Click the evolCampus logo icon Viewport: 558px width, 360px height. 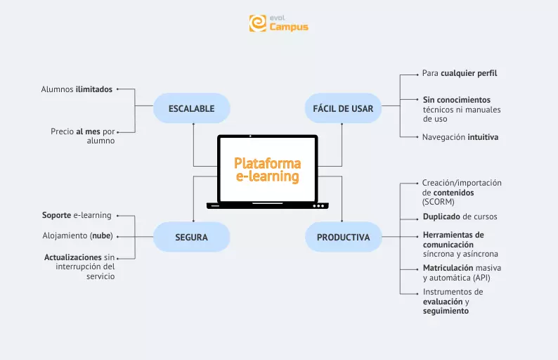(258, 23)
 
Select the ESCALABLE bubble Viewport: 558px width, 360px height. (191, 108)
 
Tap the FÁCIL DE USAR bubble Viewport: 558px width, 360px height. (343, 108)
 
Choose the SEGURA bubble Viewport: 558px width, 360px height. (191, 237)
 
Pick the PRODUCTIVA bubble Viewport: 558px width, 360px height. (343, 237)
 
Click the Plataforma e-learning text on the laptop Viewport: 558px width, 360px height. (267, 169)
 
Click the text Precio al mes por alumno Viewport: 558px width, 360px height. (82, 136)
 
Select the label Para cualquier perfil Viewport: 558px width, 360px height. (460, 73)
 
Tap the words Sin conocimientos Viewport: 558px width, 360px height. (456, 100)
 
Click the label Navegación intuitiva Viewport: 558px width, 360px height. (460, 137)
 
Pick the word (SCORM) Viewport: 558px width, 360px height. (439, 202)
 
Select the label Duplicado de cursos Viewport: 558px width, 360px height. (460, 217)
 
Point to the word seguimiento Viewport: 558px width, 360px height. (446, 311)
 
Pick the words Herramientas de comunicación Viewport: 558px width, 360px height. (453, 239)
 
